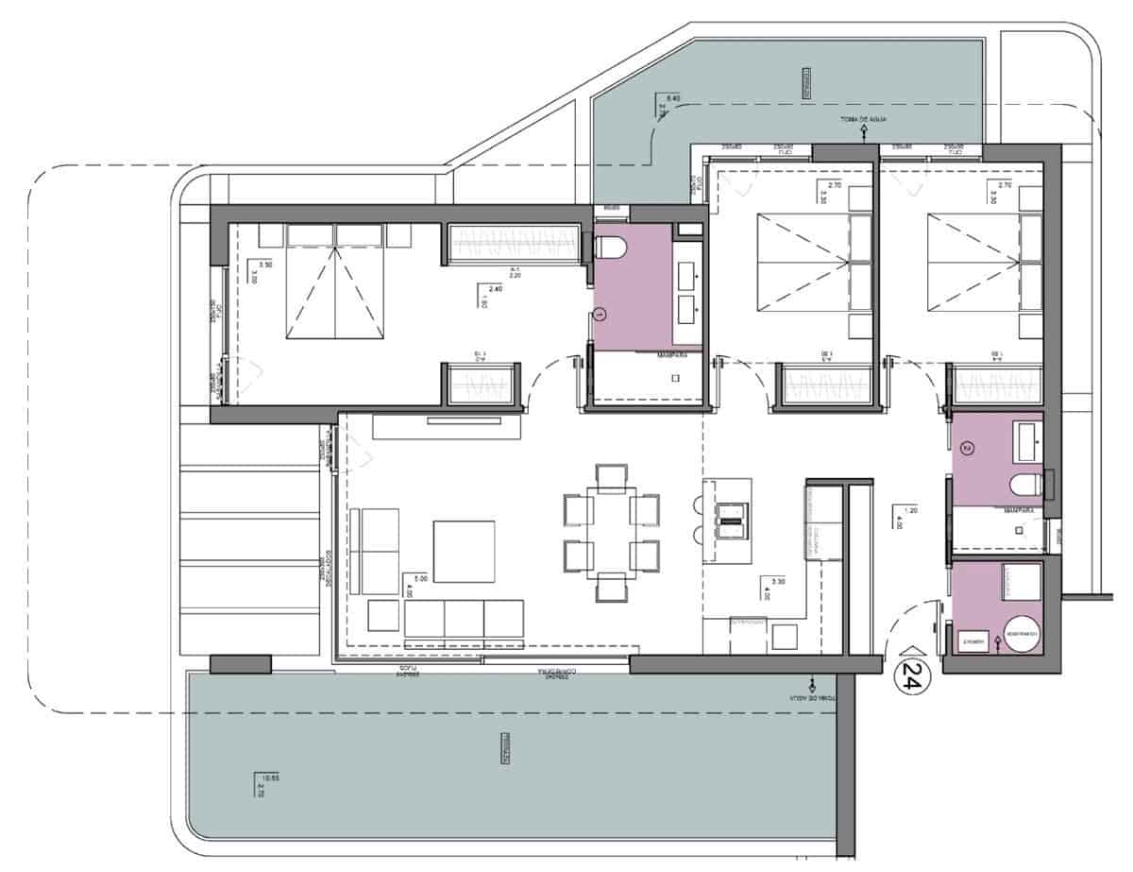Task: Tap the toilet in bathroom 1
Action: tap(613, 248)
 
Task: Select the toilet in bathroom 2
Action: tap(1024, 487)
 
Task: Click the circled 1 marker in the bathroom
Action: tap(600, 312)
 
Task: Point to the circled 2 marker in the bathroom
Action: tap(964, 447)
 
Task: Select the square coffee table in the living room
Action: tap(463, 551)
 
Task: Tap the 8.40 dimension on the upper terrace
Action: tap(673, 98)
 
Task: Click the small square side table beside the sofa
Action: tap(382, 615)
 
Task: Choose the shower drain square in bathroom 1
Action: tap(676, 378)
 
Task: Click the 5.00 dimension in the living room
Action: tap(408, 577)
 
